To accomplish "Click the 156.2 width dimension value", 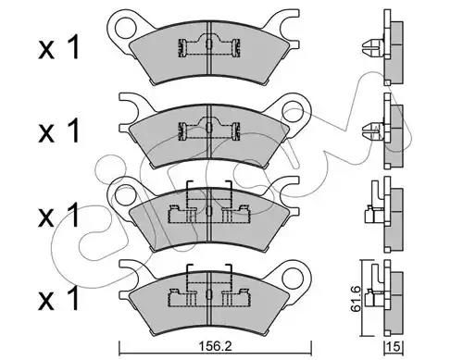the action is click(x=216, y=347).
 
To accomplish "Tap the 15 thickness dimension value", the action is click(x=394, y=347).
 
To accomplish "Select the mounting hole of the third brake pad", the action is click(x=124, y=194).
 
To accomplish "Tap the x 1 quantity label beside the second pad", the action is click(x=58, y=130).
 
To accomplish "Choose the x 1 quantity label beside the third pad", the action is click(x=58, y=215).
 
